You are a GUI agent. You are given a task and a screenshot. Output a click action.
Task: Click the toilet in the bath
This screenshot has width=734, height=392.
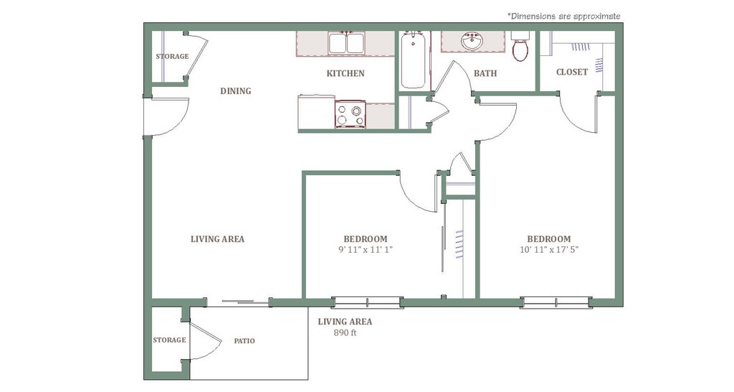point(520,47)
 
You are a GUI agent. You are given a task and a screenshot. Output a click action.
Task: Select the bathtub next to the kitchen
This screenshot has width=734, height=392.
point(414,60)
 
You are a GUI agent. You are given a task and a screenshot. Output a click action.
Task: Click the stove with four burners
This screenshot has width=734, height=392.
point(350,114)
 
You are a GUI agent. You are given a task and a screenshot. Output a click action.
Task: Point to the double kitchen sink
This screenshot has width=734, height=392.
point(347,42)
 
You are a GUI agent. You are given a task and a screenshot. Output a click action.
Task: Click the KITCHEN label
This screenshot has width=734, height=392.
point(345,74)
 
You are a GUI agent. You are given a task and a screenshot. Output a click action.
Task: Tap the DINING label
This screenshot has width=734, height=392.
point(235,91)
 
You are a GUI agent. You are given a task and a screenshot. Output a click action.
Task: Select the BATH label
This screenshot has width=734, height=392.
point(485,74)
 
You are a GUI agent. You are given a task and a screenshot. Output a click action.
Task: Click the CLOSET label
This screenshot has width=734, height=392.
point(572,73)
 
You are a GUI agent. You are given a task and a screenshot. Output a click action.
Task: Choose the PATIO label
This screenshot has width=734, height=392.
point(244,341)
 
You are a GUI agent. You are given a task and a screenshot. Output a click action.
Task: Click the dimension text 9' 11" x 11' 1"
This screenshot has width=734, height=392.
point(366,249)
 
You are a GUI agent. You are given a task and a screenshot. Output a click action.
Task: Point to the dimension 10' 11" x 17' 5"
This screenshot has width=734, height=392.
point(549,249)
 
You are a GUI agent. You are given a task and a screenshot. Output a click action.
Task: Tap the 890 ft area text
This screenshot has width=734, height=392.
point(345,333)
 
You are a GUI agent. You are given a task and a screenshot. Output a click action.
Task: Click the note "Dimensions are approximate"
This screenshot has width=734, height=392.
point(564,16)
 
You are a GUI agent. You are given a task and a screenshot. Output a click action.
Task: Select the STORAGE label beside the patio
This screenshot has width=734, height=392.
point(169,340)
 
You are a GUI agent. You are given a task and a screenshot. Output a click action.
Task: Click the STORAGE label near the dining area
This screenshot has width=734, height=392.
point(172,56)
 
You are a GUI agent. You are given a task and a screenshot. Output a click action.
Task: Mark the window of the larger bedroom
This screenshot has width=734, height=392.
point(556,302)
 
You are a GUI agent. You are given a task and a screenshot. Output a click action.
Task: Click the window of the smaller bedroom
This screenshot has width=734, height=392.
point(367,302)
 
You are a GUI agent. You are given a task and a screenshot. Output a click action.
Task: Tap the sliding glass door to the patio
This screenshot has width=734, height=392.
point(238,302)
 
